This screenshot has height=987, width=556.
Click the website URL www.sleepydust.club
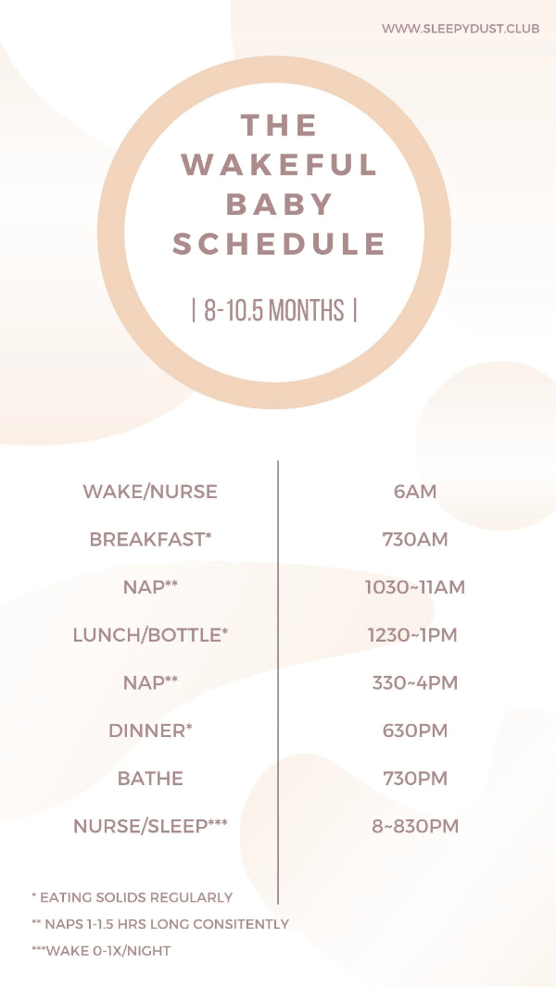(x=461, y=29)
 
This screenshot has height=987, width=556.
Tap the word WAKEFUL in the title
(x=279, y=164)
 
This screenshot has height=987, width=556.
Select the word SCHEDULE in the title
(x=279, y=244)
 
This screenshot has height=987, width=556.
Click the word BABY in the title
(x=279, y=204)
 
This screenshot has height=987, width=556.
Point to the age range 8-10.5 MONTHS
(x=274, y=310)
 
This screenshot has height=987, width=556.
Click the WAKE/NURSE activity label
(x=150, y=492)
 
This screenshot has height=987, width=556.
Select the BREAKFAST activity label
(x=150, y=540)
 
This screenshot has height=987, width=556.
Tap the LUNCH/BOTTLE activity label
(x=150, y=635)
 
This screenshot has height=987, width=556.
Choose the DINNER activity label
(x=150, y=731)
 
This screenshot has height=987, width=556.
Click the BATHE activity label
(x=150, y=779)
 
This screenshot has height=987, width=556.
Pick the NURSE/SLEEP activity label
(x=150, y=826)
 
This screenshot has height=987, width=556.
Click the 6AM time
(x=415, y=492)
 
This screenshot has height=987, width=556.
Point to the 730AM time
(x=415, y=540)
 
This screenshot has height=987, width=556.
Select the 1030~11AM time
(x=415, y=587)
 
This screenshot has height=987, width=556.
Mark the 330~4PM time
(x=415, y=683)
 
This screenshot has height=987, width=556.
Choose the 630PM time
(x=415, y=731)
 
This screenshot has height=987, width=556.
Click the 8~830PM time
(x=415, y=826)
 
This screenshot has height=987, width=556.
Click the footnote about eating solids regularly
(x=133, y=897)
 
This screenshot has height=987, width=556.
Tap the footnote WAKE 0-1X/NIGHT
(x=101, y=951)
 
